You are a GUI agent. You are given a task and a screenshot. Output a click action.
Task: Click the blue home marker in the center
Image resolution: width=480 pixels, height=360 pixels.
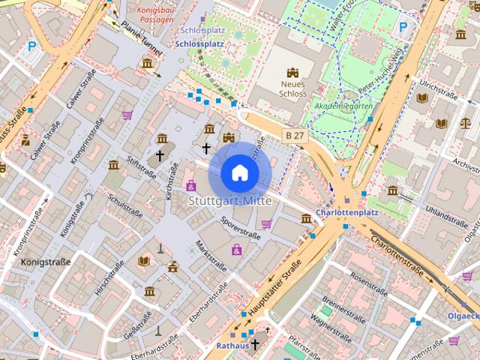pyautogui.click(x=239, y=173)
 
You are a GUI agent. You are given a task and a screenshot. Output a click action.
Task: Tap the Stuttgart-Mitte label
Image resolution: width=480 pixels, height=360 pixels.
pyautogui.click(x=229, y=201)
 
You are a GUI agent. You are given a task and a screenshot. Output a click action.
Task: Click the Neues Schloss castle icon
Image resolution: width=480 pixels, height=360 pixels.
pyautogui.click(x=292, y=73)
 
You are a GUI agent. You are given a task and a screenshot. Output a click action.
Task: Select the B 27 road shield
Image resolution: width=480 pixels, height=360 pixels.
pyautogui.click(x=295, y=134)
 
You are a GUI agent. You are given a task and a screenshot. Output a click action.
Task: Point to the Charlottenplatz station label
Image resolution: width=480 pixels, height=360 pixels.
pyautogui.click(x=347, y=212)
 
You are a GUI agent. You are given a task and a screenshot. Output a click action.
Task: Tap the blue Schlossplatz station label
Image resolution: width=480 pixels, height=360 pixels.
pyautogui.click(x=199, y=43)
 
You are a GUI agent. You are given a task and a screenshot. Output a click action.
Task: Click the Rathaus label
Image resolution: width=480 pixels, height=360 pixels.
pyautogui.click(x=231, y=346)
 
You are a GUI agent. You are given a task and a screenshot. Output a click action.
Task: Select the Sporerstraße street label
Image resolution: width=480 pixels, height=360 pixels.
pyautogui.click(x=241, y=228)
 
